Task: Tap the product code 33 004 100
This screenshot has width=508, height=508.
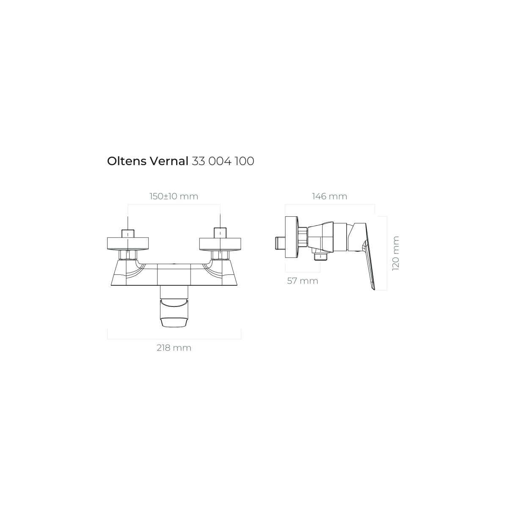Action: click(223, 161)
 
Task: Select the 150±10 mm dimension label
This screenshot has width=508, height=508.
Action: click(174, 196)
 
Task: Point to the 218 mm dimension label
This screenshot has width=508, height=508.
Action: click(174, 348)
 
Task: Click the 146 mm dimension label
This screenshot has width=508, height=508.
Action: click(329, 196)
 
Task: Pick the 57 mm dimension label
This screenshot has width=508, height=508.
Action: click(303, 281)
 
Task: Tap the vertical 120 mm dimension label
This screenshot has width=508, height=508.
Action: click(396, 253)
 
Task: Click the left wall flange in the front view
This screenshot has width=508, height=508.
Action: click(128, 244)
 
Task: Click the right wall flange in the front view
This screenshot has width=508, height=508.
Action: click(220, 244)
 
